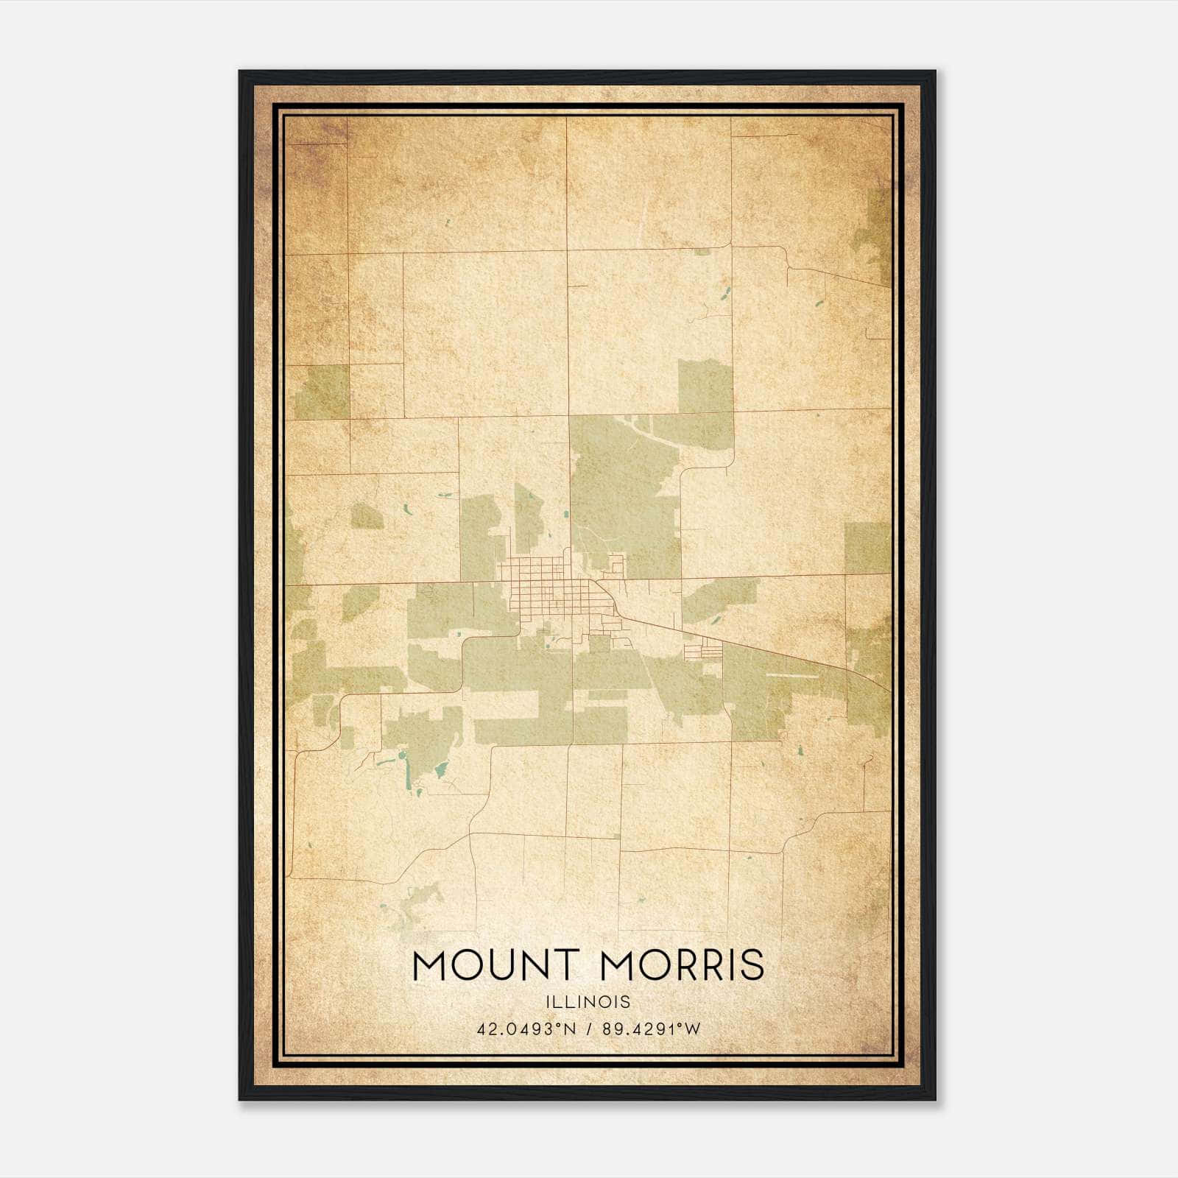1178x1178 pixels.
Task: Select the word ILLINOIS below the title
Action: pos(588,1002)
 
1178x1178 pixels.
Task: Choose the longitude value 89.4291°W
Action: pos(652,1029)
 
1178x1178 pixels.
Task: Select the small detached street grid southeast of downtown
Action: pos(703,649)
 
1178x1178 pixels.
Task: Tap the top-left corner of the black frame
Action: pos(241,72)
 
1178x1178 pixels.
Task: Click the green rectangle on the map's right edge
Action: pos(867,548)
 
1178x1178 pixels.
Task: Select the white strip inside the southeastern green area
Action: pos(791,674)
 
